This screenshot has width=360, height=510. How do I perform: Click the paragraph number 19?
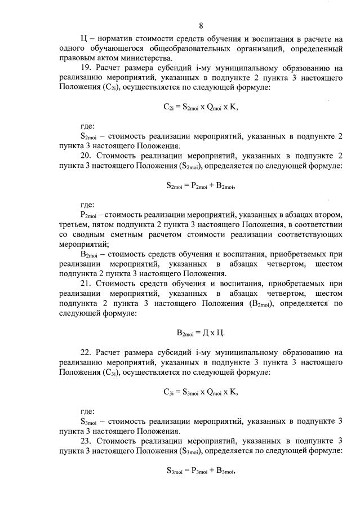tap(86, 69)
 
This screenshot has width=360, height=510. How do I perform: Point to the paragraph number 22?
tap(86, 353)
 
